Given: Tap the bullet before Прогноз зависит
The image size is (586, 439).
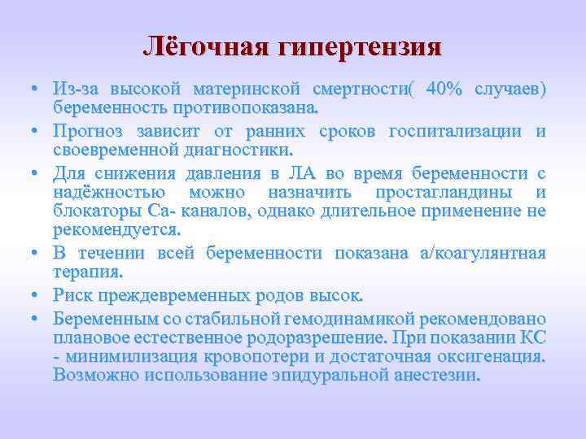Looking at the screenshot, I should pos(38,131).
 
